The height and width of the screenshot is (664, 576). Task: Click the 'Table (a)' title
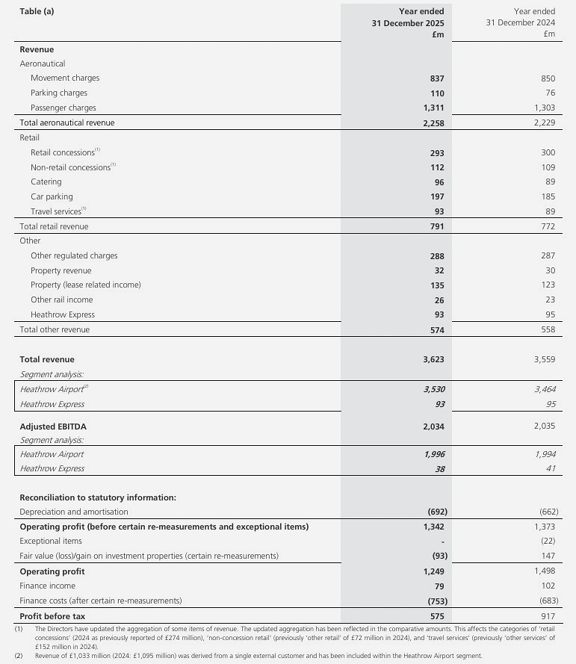click(37, 11)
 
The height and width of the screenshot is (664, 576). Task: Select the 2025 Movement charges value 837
click(437, 78)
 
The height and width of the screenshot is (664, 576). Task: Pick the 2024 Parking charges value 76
click(549, 93)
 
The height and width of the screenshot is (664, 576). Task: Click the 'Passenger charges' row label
click(64, 108)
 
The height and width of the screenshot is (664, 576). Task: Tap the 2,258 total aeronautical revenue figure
click(433, 122)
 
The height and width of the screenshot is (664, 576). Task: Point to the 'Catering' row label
click(46, 182)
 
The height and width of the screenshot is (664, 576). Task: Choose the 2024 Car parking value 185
click(548, 197)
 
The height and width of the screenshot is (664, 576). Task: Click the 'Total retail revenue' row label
click(54, 226)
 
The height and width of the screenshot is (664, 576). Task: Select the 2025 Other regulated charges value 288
click(437, 256)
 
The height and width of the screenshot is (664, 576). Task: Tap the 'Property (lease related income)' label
click(86, 285)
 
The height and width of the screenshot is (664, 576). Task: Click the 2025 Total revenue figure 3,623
click(433, 359)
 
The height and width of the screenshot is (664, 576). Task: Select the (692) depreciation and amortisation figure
click(432, 512)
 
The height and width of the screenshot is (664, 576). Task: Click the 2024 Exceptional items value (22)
click(548, 542)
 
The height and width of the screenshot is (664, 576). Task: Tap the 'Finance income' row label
click(47, 586)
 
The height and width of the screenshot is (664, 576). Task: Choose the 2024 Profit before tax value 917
click(548, 616)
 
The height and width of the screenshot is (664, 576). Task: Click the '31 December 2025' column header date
click(408, 22)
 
